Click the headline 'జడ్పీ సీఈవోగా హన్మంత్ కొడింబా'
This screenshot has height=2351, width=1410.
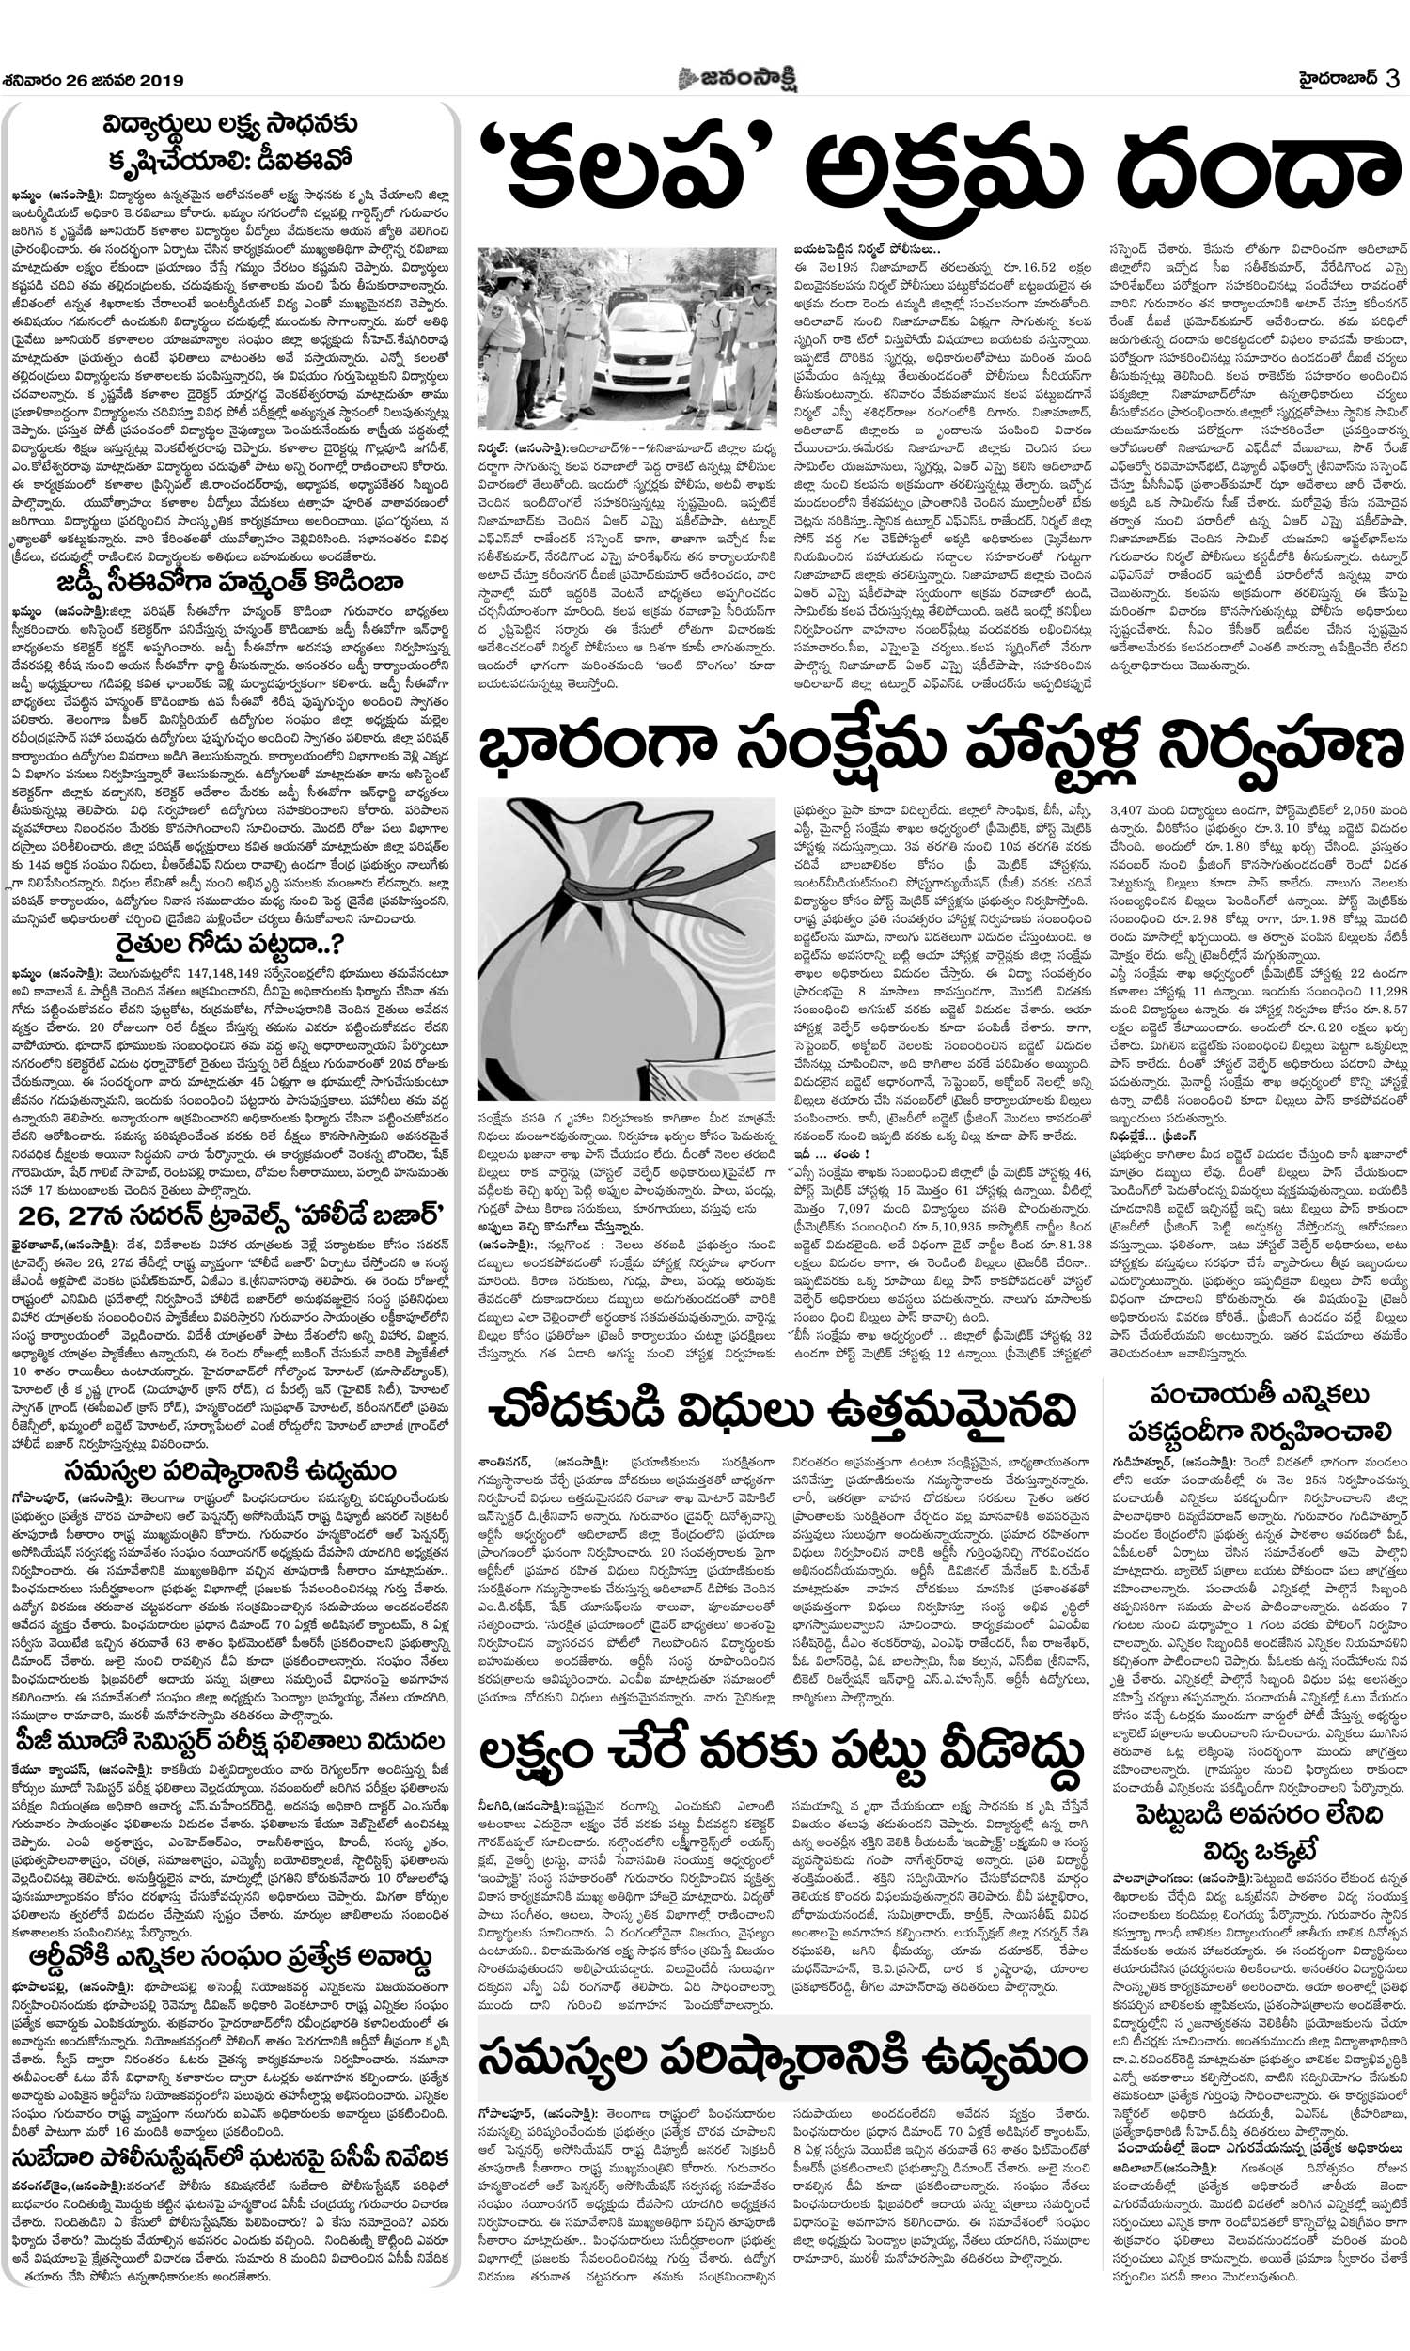point(232,581)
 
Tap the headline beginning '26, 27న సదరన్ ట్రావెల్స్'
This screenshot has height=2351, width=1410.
point(231,1213)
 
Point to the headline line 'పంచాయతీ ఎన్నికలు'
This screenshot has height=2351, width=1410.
point(1259,1396)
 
